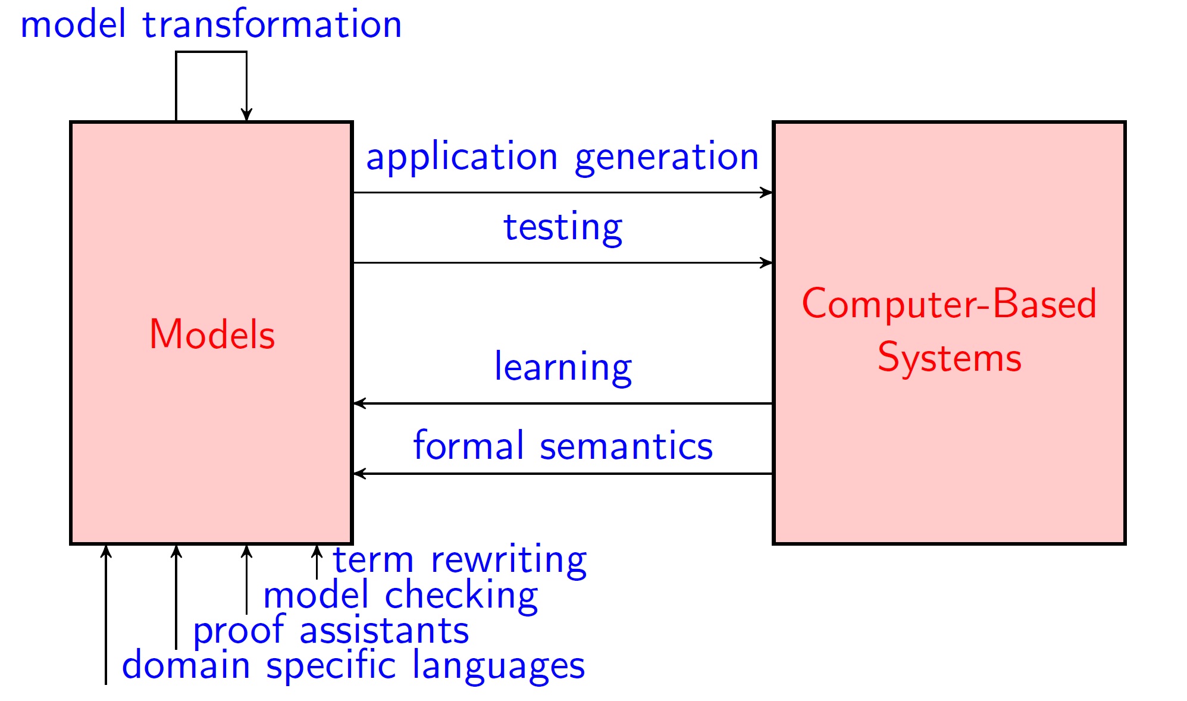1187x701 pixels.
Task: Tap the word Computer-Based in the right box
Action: pos(949,303)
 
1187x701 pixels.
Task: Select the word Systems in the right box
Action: pos(950,358)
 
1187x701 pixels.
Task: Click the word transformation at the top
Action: pos(272,24)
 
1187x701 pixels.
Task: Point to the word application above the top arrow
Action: pos(462,158)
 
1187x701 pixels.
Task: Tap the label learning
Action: pos(563,368)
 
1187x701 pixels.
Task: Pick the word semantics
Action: pos(626,446)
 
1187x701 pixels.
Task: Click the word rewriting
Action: pos(509,561)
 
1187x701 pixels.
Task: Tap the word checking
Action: pos(461,596)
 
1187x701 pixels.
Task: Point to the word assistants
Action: pos(384,631)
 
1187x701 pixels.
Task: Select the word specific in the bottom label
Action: pos(330,665)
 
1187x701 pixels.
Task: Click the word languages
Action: pos(499,666)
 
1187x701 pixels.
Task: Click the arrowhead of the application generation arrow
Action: pos(767,192)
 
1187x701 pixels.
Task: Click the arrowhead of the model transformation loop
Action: pos(246,115)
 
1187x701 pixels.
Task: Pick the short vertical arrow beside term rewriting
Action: pos(317,562)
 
